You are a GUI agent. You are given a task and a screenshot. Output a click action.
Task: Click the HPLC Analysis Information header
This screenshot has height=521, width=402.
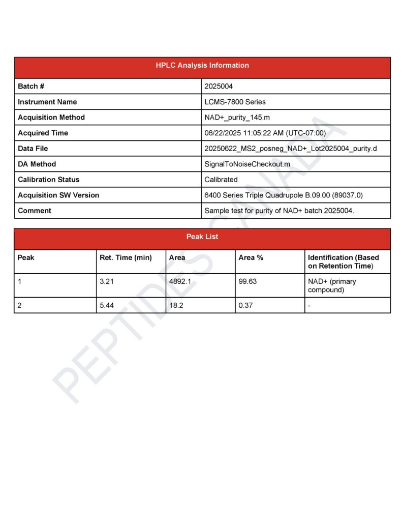pos(202,66)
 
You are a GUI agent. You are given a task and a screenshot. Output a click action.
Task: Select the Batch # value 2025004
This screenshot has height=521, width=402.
pos(219,86)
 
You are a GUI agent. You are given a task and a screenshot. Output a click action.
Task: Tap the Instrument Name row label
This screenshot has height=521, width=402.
pos(47,102)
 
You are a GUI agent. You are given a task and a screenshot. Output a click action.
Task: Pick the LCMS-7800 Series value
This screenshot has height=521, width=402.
pos(235,102)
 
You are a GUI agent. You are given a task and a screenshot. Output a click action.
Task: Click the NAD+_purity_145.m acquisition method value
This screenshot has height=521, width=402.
pos(237,118)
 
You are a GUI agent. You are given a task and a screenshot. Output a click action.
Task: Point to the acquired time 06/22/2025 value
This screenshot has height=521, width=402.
pos(265,133)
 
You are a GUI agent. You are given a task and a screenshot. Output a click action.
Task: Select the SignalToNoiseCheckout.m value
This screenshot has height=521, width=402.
pos(248,164)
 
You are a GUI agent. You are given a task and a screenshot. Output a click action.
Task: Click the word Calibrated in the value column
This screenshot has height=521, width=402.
pos(221,180)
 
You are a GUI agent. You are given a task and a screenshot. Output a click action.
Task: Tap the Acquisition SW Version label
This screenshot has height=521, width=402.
pos(58,195)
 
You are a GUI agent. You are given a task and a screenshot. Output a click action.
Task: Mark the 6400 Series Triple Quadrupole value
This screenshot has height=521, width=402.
pos(284,195)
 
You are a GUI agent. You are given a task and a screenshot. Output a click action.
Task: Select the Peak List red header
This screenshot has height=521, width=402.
pos(202,237)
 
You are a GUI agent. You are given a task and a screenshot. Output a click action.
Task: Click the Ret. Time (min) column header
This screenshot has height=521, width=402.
pos(126,258)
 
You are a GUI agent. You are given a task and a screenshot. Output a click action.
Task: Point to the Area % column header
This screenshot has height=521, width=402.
pos(251,258)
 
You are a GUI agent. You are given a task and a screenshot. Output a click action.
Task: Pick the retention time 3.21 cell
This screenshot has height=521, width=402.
pos(107,281)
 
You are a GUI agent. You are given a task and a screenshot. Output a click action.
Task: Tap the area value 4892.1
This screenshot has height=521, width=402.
pos(180,281)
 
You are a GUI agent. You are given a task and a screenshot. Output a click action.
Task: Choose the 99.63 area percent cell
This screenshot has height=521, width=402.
pos(248,281)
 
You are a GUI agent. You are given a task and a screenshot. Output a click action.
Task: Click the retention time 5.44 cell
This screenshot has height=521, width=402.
pos(107,305)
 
